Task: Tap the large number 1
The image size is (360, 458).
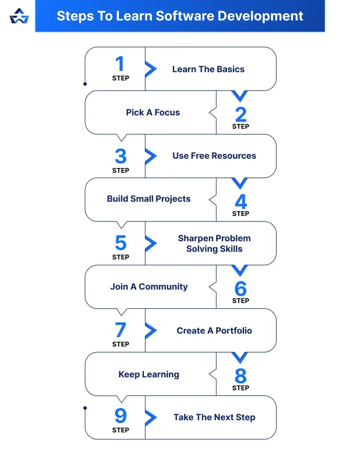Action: [x=120, y=64]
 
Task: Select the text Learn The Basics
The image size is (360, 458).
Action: [x=208, y=69]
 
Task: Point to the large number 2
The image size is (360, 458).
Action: [x=241, y=114]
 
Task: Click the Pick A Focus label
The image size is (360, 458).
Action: [x=153, y=113]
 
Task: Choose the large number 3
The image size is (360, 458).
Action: [x=120, y=156]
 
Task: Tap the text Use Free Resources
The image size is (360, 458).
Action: [x=214, y=156]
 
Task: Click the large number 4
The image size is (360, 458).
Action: [x=241, y=201]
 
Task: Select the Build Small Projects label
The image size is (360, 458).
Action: [x=149, y=199]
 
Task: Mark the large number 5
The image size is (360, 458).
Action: [x=120, y=243]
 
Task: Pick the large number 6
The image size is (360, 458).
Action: [x=241, y=288]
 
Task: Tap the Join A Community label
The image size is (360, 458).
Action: [x=149, y=287]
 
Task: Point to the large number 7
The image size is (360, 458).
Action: [x=120, y=330]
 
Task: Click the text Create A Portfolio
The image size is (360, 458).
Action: [x=214, y=331]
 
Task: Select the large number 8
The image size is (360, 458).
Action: [x=241, y=375]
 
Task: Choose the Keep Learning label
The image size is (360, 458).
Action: [x=149, y=374]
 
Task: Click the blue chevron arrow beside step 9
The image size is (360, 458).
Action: [x=151, y=417]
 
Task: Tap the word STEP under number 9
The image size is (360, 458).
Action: [x=120, y=430]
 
